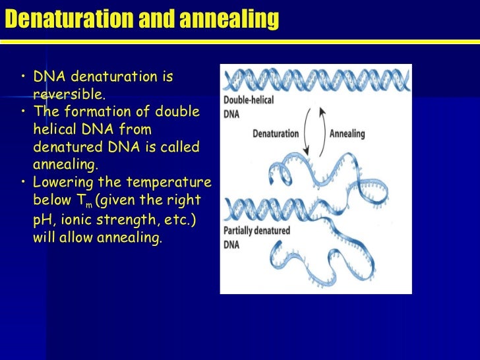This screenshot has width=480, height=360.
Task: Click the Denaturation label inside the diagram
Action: pos(275,133)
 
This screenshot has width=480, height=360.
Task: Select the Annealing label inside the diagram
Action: pos(346,133)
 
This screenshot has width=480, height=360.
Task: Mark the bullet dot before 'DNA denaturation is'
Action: pos(23,78)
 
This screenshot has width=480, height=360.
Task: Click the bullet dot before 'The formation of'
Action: pos(23,112)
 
